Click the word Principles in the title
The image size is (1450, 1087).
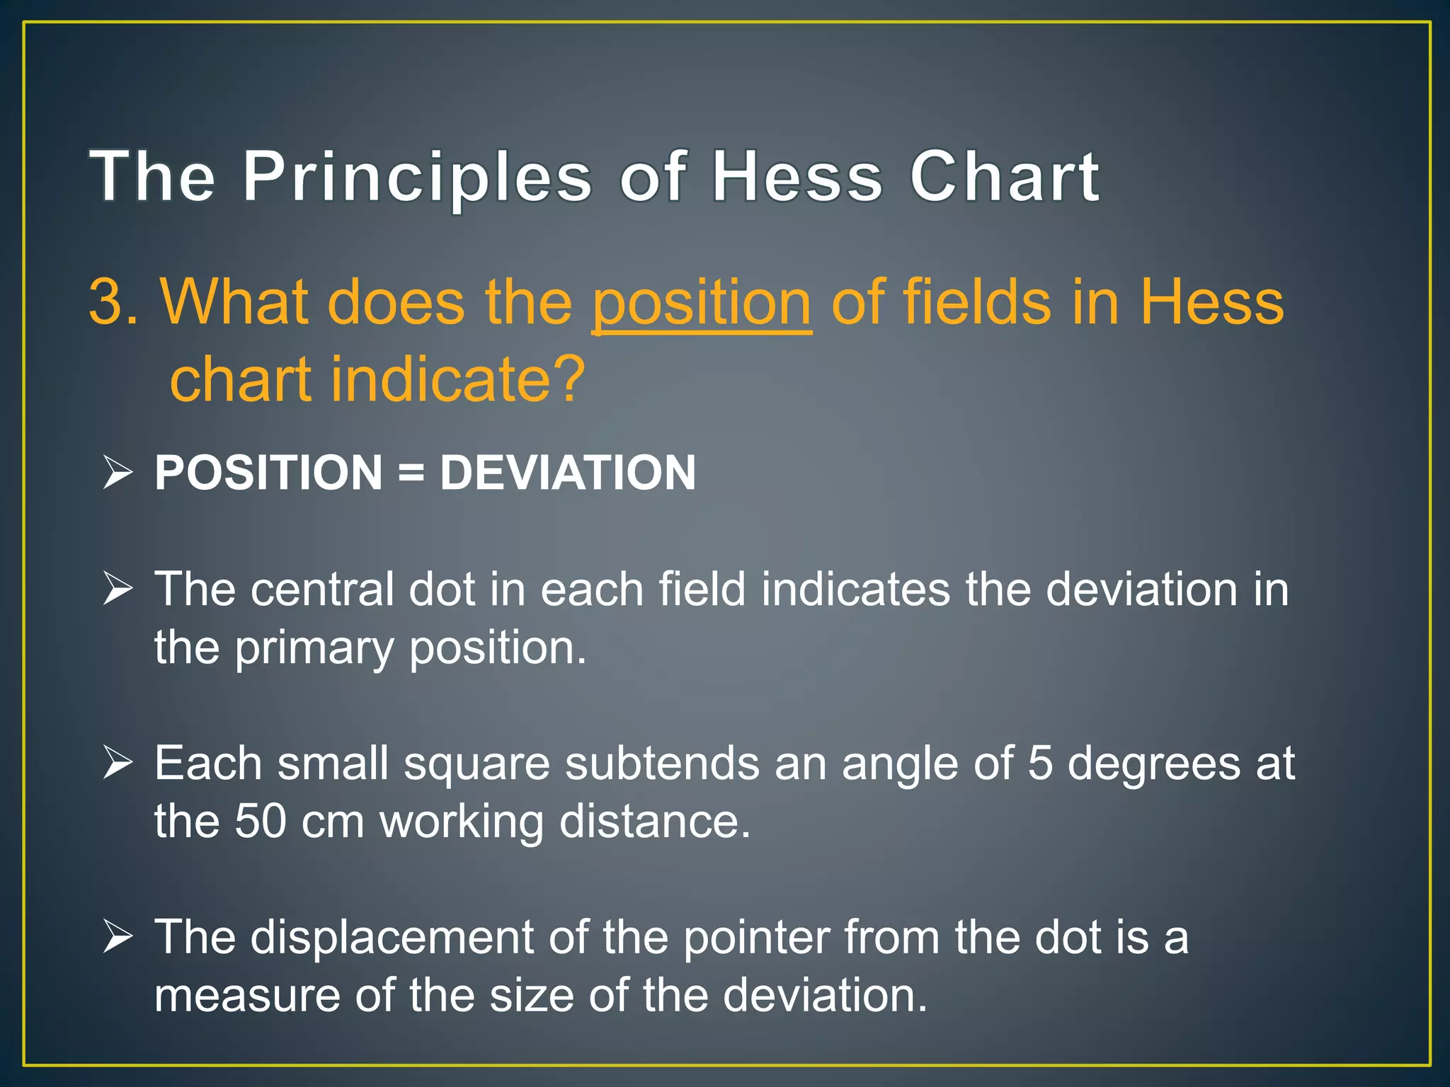coord(417,178)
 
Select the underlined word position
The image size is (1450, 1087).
coord(702,303)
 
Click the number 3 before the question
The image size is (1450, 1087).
coord(105,302)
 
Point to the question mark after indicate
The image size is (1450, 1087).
coord(567,380)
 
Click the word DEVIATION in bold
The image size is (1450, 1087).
coord(568,473)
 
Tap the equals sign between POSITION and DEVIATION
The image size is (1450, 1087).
coord(411,473)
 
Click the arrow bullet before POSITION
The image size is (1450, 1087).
coord(118,473)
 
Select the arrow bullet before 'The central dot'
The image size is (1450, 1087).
coord(118,589)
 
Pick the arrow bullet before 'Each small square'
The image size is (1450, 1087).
coord(118,763)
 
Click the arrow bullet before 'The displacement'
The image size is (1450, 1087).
coord(118,936)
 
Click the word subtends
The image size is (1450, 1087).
coord(661,764)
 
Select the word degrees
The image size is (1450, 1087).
coord(1153,765)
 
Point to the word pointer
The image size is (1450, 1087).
coord(756,938)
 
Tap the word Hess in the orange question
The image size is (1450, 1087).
coord(1211,303)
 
